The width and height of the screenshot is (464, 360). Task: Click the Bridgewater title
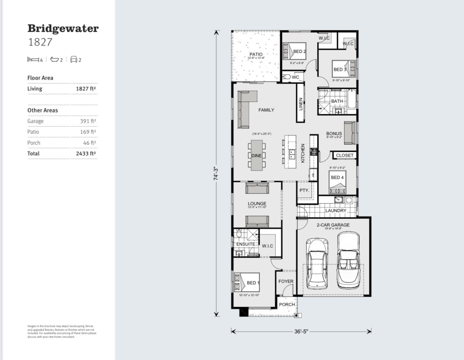tap(63, 28)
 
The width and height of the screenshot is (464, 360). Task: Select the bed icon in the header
tap(33, 59)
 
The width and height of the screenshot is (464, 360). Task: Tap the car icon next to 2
tap(74, 59)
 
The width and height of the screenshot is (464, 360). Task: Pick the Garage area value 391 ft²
tap(88, 121)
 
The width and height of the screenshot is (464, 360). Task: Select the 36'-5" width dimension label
tap(301, 331)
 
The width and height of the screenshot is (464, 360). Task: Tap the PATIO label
tap(256, 55)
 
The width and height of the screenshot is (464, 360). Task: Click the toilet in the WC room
tap(287, 77)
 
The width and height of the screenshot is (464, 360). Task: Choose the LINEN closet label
tap(300, 104)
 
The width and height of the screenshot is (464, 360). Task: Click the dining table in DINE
tap(257, 155)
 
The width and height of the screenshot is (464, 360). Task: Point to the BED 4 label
tap(337, 177)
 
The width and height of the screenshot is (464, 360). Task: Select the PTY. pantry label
tap(304, 191)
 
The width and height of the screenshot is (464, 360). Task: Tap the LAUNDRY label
tap(335, 211)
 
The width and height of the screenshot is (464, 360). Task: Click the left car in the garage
tap(317, 263)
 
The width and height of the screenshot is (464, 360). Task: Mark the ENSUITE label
tap(246, 244)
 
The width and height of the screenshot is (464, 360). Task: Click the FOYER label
tap(286, 281)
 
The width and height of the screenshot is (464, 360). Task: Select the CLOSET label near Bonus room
tap(344, 155)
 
